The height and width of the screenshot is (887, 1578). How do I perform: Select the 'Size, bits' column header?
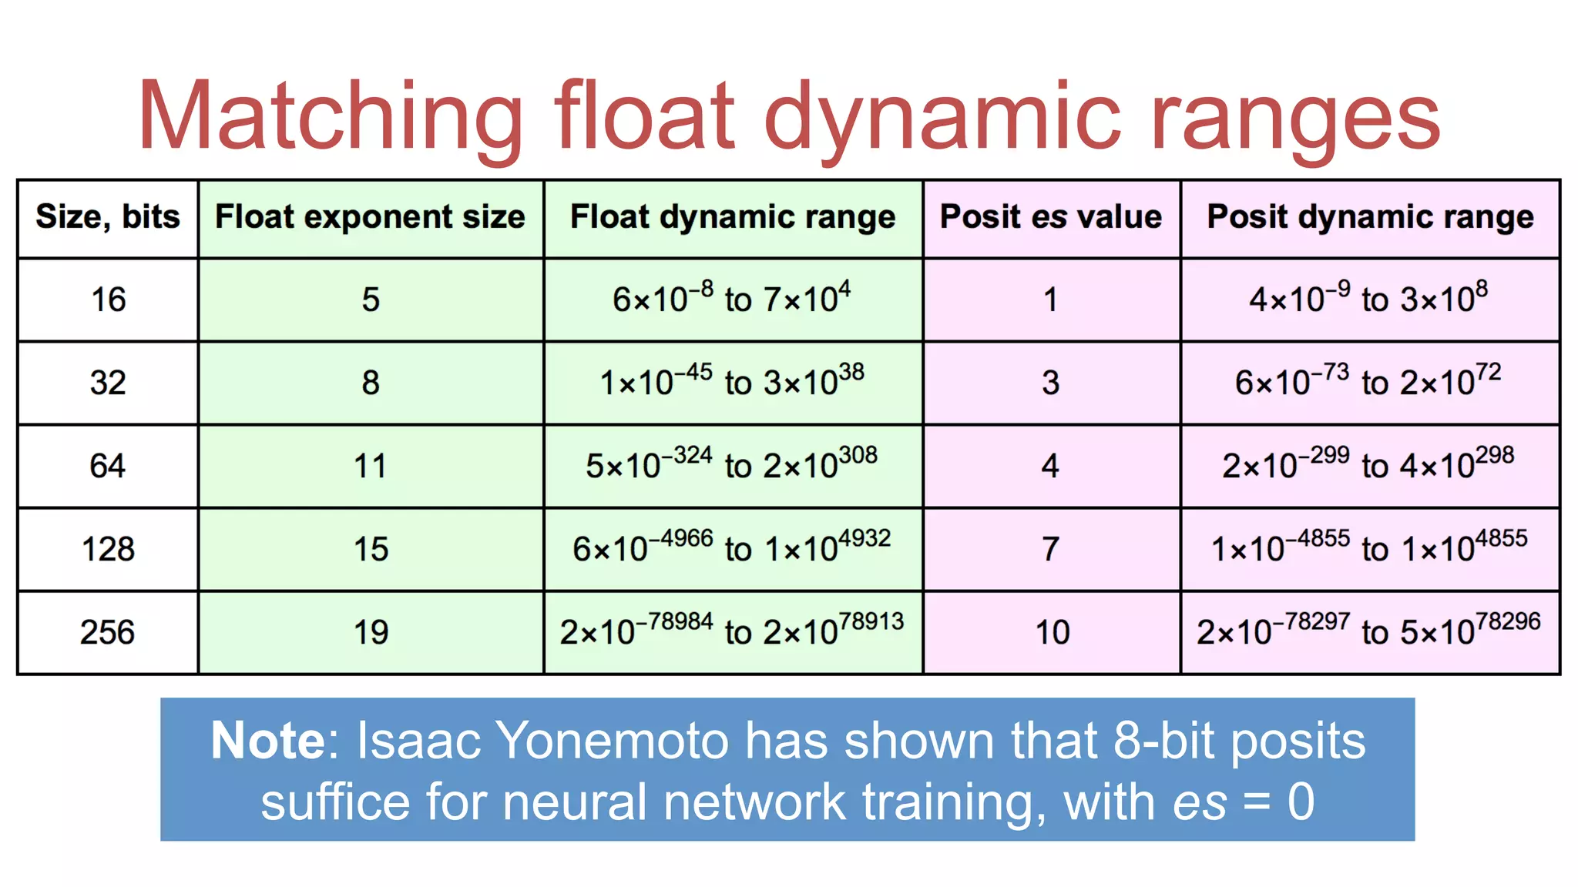coord(108,217)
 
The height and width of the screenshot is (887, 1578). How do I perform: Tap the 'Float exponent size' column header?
coord(370,217)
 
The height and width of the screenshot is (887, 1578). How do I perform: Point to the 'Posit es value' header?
coord(1051,217)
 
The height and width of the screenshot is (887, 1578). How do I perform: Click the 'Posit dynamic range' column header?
coord(1370,217)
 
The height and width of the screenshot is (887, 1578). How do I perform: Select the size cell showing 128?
coord(108,550)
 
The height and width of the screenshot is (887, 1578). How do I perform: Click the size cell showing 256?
coord(108,633)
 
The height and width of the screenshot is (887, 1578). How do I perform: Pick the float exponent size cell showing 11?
coord(371,467)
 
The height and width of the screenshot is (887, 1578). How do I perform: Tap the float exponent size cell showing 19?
coord(371,633)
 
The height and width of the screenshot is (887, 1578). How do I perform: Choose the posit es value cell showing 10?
coord(1052,633)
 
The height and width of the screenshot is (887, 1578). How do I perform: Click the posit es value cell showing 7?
coord(1051,550)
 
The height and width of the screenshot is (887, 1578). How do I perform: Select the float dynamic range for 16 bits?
coord(732,299)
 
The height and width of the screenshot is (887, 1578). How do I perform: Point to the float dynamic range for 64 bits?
coord(732,465)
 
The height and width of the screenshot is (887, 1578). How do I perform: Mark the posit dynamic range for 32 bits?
coord(1368,382)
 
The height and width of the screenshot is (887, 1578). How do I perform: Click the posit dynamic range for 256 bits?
coord(1368,631)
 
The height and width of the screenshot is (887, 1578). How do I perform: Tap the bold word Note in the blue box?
coord(268,741)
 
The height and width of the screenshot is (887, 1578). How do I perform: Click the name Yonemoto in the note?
coord(613,741)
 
